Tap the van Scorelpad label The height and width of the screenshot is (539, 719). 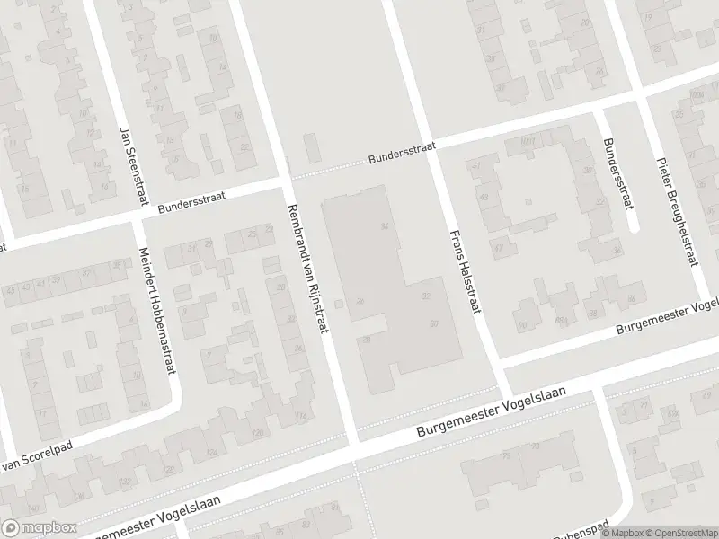click(37, 457)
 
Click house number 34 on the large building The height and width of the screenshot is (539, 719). click(385, 225)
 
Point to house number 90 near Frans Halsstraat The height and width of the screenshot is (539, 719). click(523, 325)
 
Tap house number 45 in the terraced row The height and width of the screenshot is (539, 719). click(11, 289)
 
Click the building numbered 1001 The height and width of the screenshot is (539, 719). click(528, 140)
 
